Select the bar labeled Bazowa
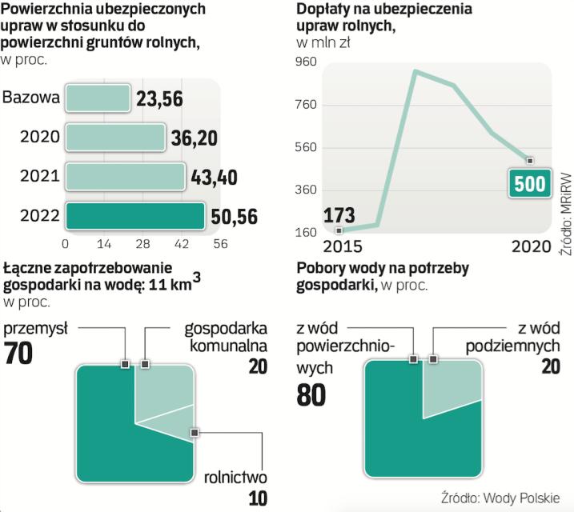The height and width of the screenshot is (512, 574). tap(97, 98)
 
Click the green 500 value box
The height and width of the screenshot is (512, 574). tap(528, 184)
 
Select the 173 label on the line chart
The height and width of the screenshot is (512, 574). tap(339, 215)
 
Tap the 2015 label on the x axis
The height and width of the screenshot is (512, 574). tap(339, 245)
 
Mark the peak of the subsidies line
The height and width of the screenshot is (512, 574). tap(415, 72)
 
